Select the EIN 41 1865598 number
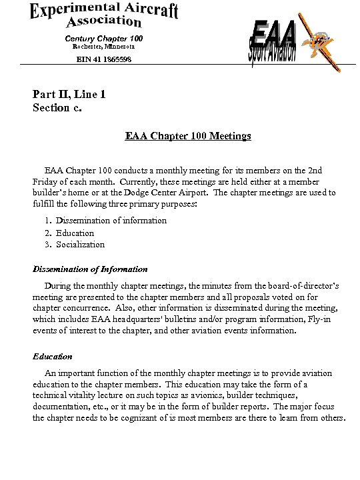pyautogui.click(x=103, y=59)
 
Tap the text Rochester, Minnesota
pyautogui.click(x=103, y=47)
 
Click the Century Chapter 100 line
pyautogui.click(x=103, y=38)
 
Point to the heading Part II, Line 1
pyautogui.click(x=69, y=94)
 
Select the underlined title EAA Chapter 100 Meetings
pyautogui.click(x=188, y=136)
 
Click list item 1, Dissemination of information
pyautogui.click(x=111, y=220)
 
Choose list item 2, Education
pyautogui.click(x=75, y=233)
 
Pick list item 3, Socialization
pyautogui.click(x=80, y=244)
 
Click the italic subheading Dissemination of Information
pyautogui.click(x=90, y=269)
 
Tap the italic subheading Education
pyautogui.click(x=53, y=356)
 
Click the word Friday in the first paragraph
pyautogui.click(x=46, y=181)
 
